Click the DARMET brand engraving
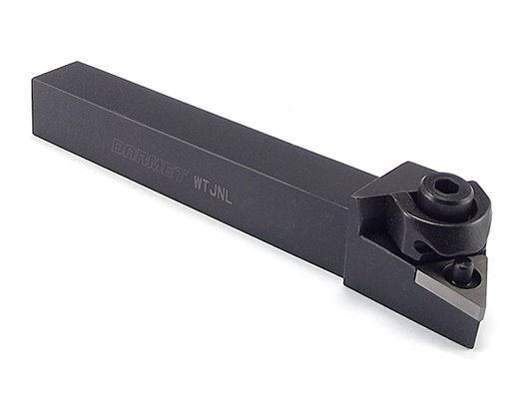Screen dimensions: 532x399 [151, 159]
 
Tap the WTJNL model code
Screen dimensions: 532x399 [213, 190]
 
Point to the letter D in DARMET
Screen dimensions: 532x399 [119, 146]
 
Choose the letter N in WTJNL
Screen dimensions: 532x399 [222, 193]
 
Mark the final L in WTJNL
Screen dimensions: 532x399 [229, 197]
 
